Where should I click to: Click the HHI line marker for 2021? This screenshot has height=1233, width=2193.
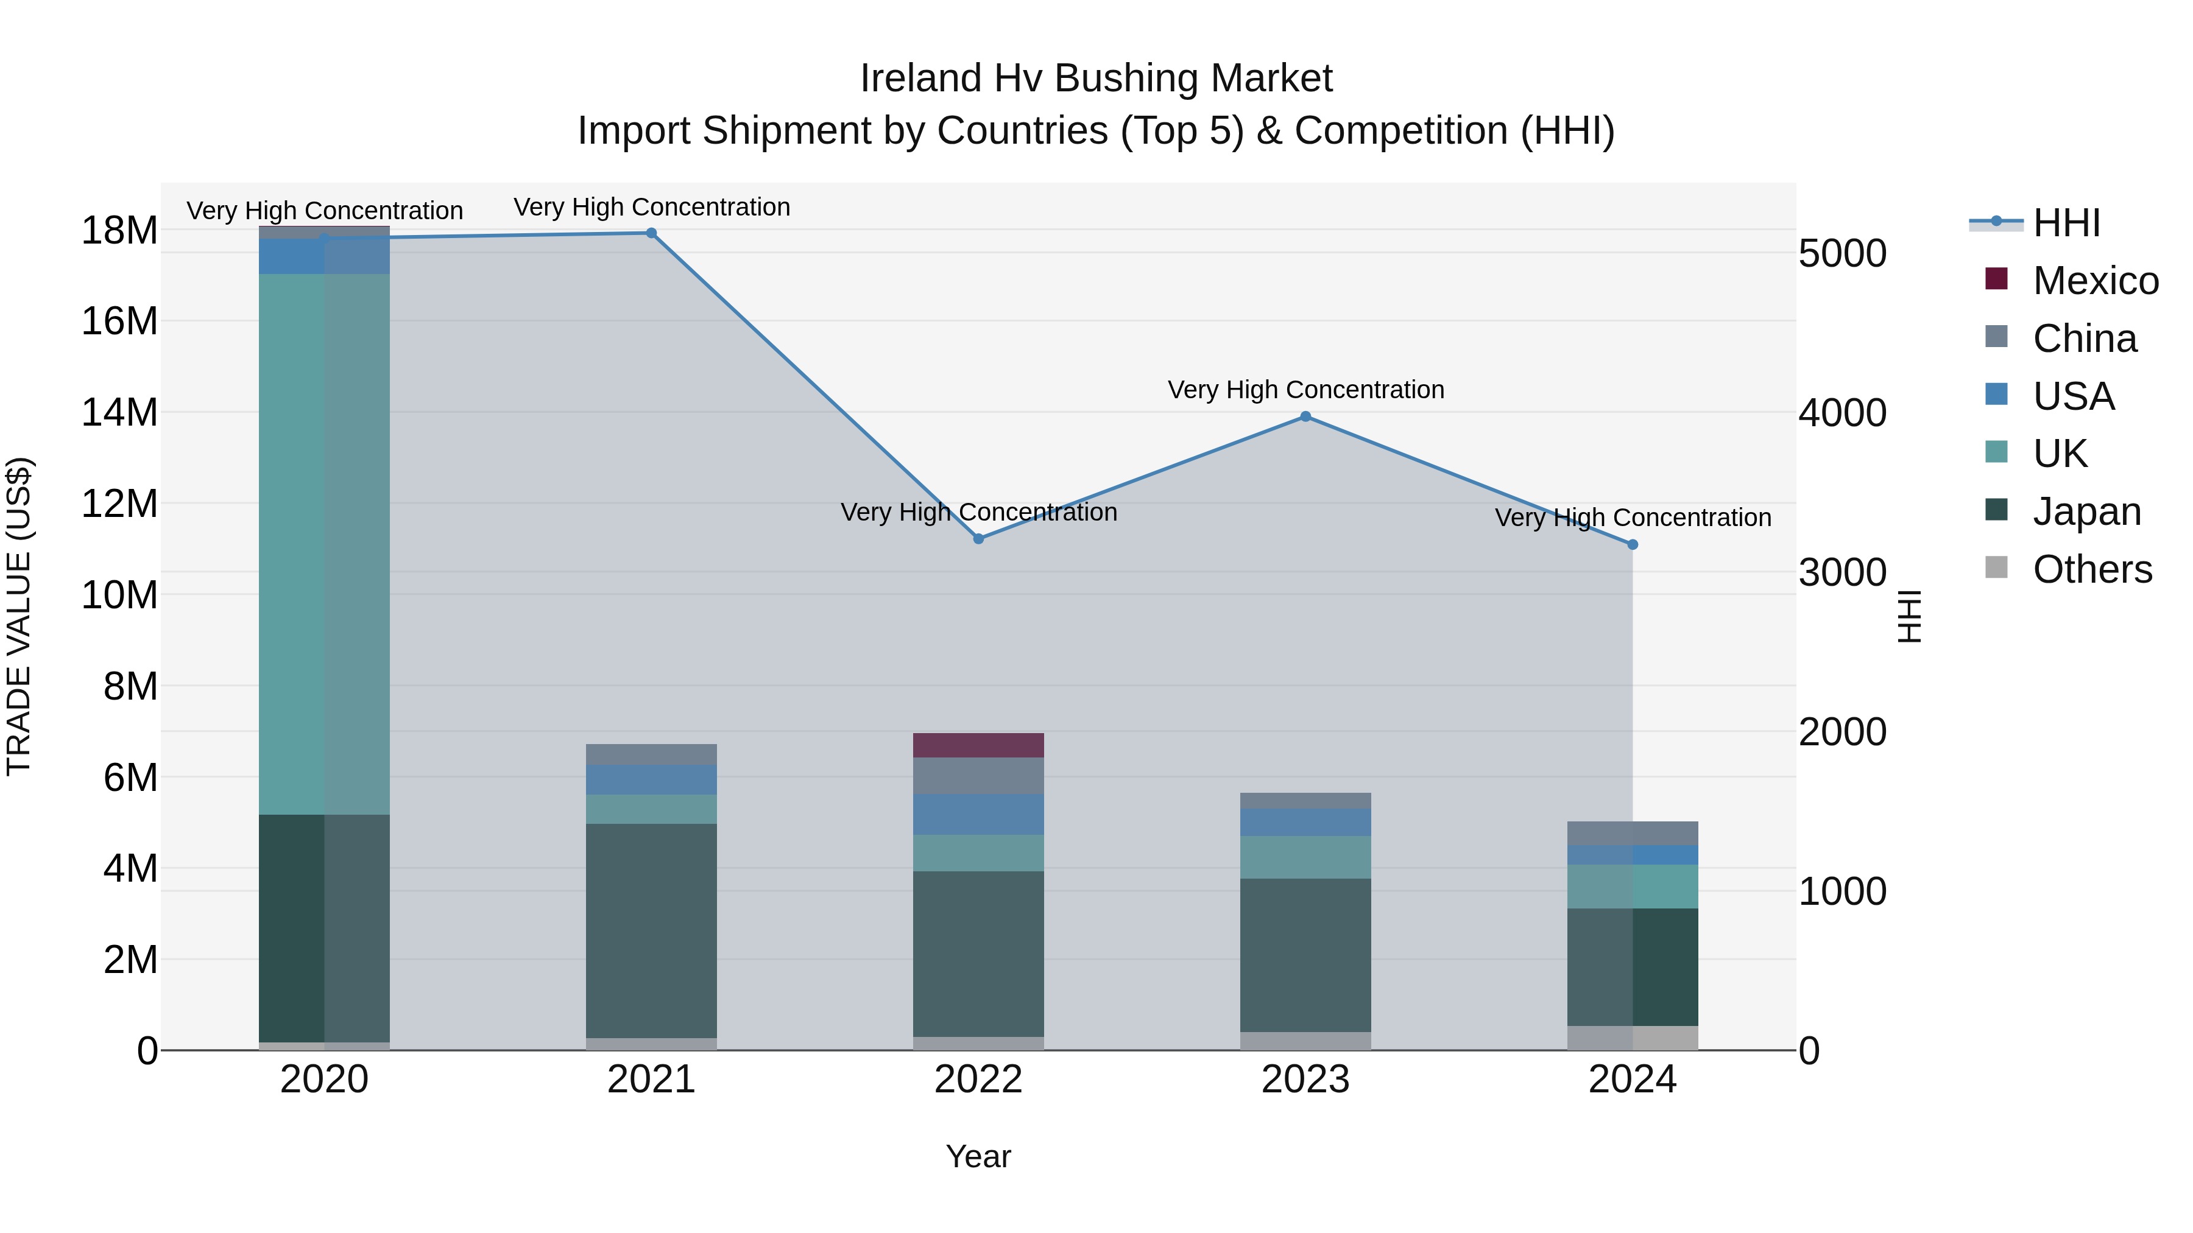651,233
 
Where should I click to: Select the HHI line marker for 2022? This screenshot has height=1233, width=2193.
978,539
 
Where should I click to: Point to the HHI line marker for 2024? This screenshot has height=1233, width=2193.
1632,544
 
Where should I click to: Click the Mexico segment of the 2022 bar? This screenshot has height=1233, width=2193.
978,745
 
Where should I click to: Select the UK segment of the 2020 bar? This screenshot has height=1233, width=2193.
324,544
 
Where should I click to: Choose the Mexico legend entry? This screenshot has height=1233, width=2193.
2095,281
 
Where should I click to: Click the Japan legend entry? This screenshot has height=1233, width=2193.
2086,511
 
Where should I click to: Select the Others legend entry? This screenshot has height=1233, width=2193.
2092,569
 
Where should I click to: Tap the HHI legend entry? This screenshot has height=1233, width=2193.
2066,223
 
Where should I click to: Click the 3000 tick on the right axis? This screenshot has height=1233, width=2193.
1842,573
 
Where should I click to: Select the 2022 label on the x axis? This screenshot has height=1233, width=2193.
978,1080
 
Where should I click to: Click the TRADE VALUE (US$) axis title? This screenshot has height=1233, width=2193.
19,616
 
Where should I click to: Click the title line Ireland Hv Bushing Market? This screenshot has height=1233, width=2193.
1096,79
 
